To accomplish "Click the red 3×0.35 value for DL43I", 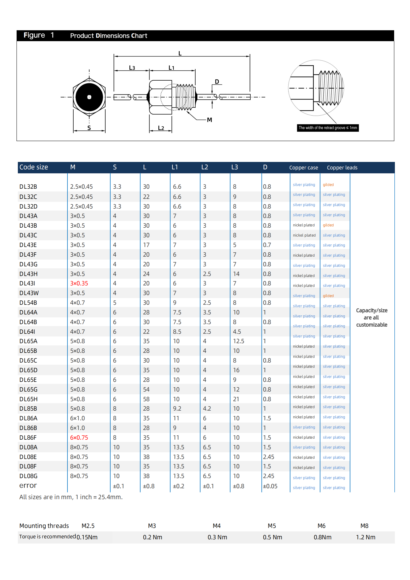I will click(x=79, y=283).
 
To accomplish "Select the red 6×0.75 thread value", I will click(x=79, y=437).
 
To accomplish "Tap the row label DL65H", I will click(x=29, y=399).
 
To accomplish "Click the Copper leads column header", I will click(x=342, y=168).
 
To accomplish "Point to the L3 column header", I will click(x=234, y=167).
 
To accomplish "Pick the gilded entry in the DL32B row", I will click(x=328, y=185).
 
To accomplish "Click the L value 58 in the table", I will click(x=146, y=399).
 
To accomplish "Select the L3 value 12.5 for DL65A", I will click(x=238, y=341).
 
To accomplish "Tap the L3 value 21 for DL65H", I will click(x=236, y=399).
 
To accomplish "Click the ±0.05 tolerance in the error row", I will click(x=270, y=486).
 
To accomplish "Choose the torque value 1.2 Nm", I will click(x=366, y=537).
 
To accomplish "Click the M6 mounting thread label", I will click(x=322, y=526).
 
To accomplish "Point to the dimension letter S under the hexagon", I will click(x=89, y=128).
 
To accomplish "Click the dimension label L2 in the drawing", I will click(x=161, y=128).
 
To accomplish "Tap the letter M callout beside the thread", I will click(x=209, y=120).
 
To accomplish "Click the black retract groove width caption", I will click(x=328, y=128).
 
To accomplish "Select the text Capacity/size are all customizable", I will click(x=372, y=318).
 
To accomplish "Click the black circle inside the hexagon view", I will click(x=89, y=97).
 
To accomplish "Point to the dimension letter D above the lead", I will click(x=217, y=82).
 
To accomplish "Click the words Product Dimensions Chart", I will click(x=109, y=36).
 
